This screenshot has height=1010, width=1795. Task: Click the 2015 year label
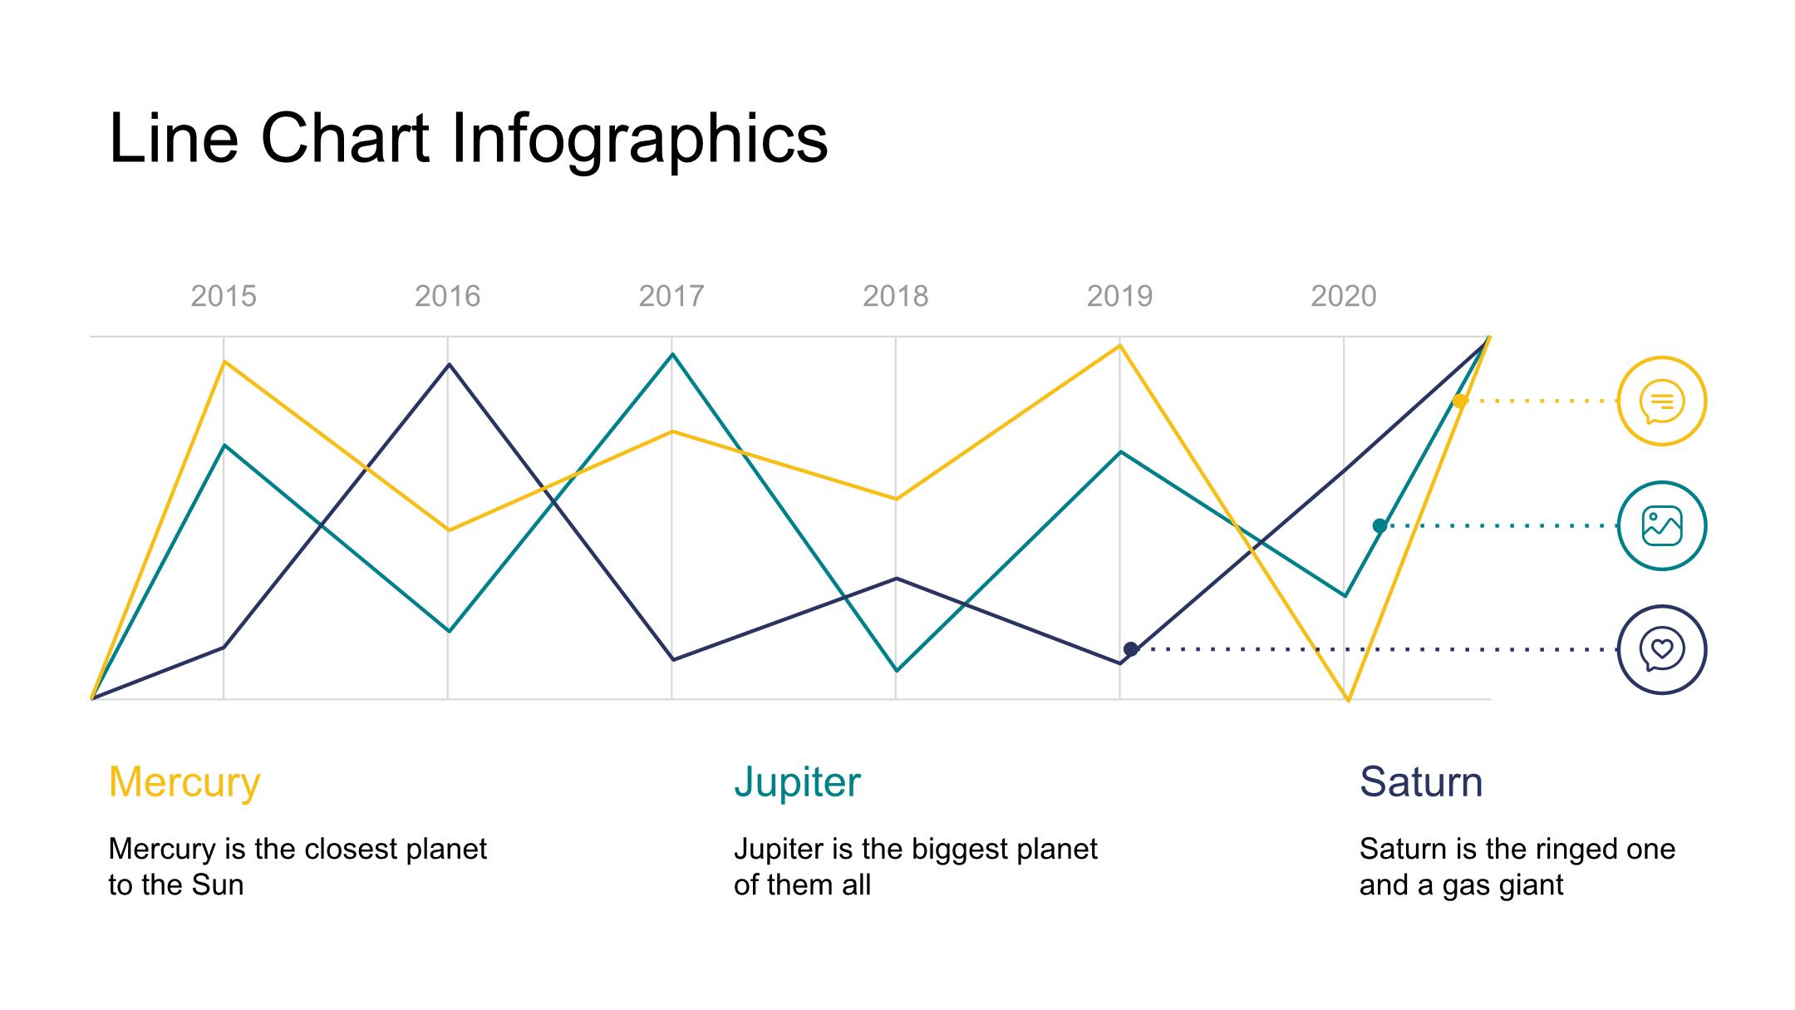224,296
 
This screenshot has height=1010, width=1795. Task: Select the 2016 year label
447,296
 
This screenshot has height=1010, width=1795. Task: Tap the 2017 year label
671,296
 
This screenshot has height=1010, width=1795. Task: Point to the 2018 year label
895,296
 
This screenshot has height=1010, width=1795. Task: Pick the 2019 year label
1119,296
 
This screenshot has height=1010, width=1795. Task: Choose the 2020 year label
1344,296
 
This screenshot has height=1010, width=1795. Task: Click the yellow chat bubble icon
1662,401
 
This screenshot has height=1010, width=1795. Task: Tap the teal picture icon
1662,525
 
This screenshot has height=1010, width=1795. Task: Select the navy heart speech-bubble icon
1662,649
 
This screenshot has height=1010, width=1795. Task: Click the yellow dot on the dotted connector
1459,401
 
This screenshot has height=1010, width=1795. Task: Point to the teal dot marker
1379,525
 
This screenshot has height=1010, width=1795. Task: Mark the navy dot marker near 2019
1131,649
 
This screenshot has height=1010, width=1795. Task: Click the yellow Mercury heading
184,782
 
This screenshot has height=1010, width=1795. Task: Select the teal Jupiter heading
797,782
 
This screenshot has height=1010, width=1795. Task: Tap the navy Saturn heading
1421,782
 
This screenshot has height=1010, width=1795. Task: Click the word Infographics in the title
639,138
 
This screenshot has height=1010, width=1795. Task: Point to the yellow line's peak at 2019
1120,345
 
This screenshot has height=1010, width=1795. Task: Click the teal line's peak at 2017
672,355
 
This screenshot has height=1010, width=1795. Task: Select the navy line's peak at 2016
450,365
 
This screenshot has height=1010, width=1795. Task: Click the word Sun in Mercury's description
218,884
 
